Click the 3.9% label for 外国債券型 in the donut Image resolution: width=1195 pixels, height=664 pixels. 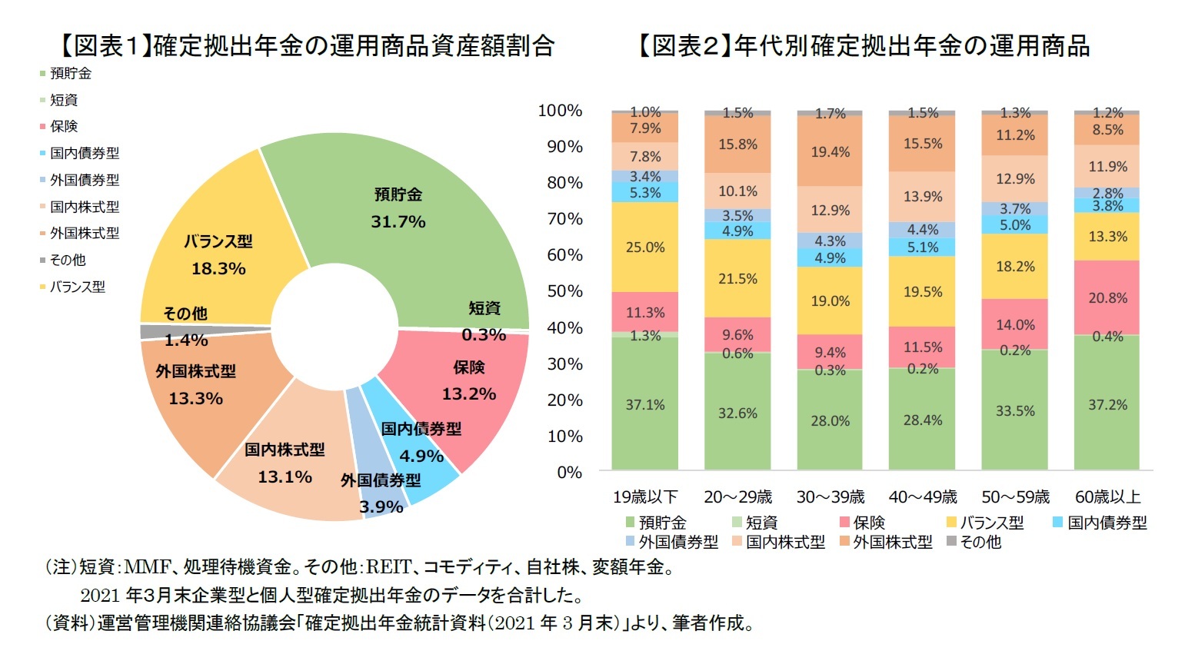381,507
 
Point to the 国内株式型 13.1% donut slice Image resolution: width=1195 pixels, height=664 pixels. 285,463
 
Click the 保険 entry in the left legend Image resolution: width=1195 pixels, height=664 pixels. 64,127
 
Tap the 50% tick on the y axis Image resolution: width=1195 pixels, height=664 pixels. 564,291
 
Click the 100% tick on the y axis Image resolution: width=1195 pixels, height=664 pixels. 560,111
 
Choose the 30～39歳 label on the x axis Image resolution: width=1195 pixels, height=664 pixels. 830,497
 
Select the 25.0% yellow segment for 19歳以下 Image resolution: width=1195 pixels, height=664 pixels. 645,247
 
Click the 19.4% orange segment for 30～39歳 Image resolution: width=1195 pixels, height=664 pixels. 830,152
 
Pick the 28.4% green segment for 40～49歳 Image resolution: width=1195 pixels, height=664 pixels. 922,420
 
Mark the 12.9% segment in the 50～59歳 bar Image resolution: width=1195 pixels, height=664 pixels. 1014,179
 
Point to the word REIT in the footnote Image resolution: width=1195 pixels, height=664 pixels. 388,568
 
